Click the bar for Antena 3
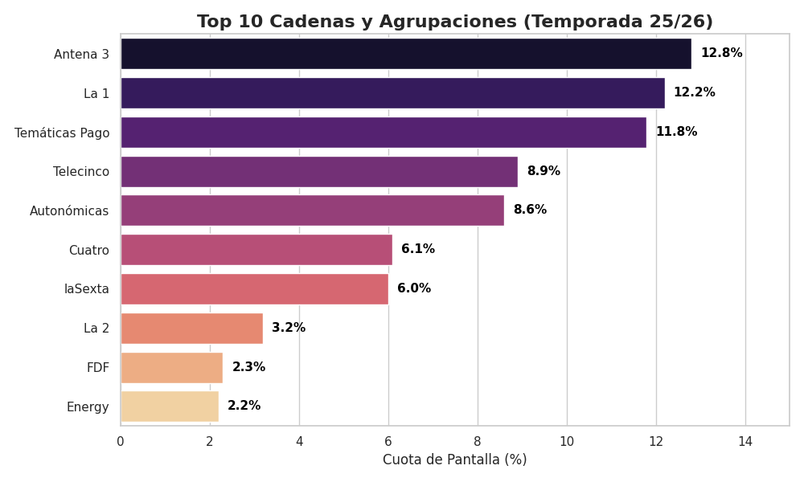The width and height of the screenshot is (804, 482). (406, 54)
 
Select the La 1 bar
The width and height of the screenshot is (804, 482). (393, 93)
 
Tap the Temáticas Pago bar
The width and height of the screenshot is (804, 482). (384, 133)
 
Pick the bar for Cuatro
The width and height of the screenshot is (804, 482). (256, 250)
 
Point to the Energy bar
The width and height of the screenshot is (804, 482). (170, 406)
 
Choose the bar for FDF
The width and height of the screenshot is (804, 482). (172, 368)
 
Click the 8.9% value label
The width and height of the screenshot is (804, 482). (544, 171)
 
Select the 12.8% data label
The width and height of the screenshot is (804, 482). (721, 53)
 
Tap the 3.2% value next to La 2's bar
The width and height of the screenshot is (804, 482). (289, 328)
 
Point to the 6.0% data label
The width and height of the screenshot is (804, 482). (414, 288)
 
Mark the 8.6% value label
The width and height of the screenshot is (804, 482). (530, 210)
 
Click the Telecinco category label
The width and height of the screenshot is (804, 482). (81, 172)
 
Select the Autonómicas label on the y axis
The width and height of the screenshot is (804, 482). (69, 211)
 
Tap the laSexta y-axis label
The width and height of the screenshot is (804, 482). (87, 289)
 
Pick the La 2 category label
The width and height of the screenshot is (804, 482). (96, 329)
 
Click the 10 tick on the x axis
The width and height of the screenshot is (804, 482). (567, 442)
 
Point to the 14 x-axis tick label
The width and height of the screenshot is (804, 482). (745, 442)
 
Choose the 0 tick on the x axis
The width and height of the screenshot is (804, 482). (121, 442)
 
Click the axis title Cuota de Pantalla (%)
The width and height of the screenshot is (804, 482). (455, 460)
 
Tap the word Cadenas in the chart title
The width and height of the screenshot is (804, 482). (322, 22)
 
